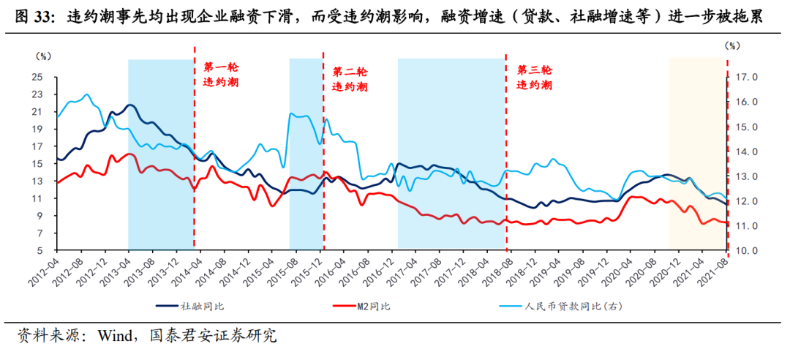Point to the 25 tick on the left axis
pos(37,77)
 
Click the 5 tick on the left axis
pos(39,251)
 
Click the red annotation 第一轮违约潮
pos(221,75)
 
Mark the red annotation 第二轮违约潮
pos(350,79)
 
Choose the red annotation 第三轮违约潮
pos(535,78)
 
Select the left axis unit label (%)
pos(43,55)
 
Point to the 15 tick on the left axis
pos(37,164)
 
